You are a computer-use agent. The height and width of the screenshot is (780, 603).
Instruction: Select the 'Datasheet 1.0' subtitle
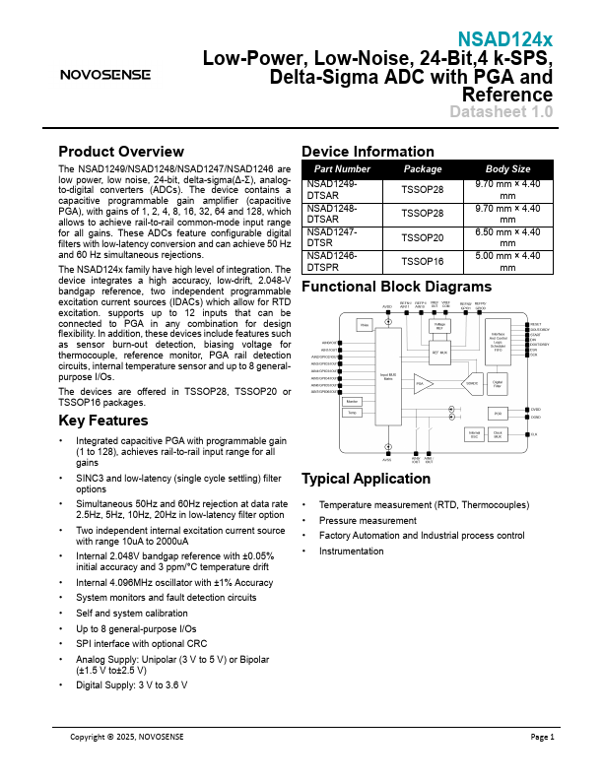[x=501, y=112]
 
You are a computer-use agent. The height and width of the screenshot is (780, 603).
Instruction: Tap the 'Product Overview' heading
[x=121, y=152]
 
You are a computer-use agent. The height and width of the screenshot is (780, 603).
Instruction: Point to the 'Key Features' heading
[x=103, y=421]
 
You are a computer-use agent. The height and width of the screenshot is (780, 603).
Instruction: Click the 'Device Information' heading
[x=367, y=152]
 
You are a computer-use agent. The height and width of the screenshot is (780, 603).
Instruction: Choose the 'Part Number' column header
[x=342, y=169]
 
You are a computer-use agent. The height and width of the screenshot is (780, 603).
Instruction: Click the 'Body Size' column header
[x=507, y=169]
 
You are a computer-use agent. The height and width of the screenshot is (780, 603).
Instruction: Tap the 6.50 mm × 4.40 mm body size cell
[x=507, y=237]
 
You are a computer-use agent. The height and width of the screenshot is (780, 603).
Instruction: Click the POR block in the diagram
[x=498, y=413]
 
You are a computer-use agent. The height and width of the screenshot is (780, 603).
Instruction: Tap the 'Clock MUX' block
[x=498, y=433]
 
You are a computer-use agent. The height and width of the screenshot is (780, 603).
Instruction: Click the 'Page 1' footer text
[x=543, y=737]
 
